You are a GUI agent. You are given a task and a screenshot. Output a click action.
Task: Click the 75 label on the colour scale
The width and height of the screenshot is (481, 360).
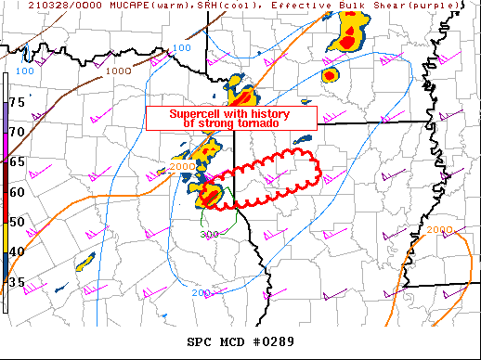click(x=17, y=100)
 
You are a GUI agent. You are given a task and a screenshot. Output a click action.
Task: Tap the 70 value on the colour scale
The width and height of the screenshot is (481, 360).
click(x=17, y=131)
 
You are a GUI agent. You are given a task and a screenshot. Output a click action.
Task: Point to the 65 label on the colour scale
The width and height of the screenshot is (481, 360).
click(x=17, y=161)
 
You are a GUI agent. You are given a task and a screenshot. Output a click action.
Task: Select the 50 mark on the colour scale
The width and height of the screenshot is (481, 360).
click(x=17, y=222)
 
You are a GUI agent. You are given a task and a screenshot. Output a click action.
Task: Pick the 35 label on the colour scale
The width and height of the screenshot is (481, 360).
click(x=17, y=282)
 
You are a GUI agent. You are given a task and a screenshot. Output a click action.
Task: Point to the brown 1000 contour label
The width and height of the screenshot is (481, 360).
click(x=118, y=71)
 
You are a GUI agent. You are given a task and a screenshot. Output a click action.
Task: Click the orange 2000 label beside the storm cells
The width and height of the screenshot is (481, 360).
click(x=182, y=167)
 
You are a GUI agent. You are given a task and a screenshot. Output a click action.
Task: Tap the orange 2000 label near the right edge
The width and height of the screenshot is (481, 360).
click(x=441, y=228)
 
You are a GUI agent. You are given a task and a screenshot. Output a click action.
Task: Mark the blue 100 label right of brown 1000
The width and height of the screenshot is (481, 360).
click(x=182, y=48)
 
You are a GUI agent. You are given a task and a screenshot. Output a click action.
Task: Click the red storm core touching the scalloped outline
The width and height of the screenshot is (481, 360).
click(x=210, y=193)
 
